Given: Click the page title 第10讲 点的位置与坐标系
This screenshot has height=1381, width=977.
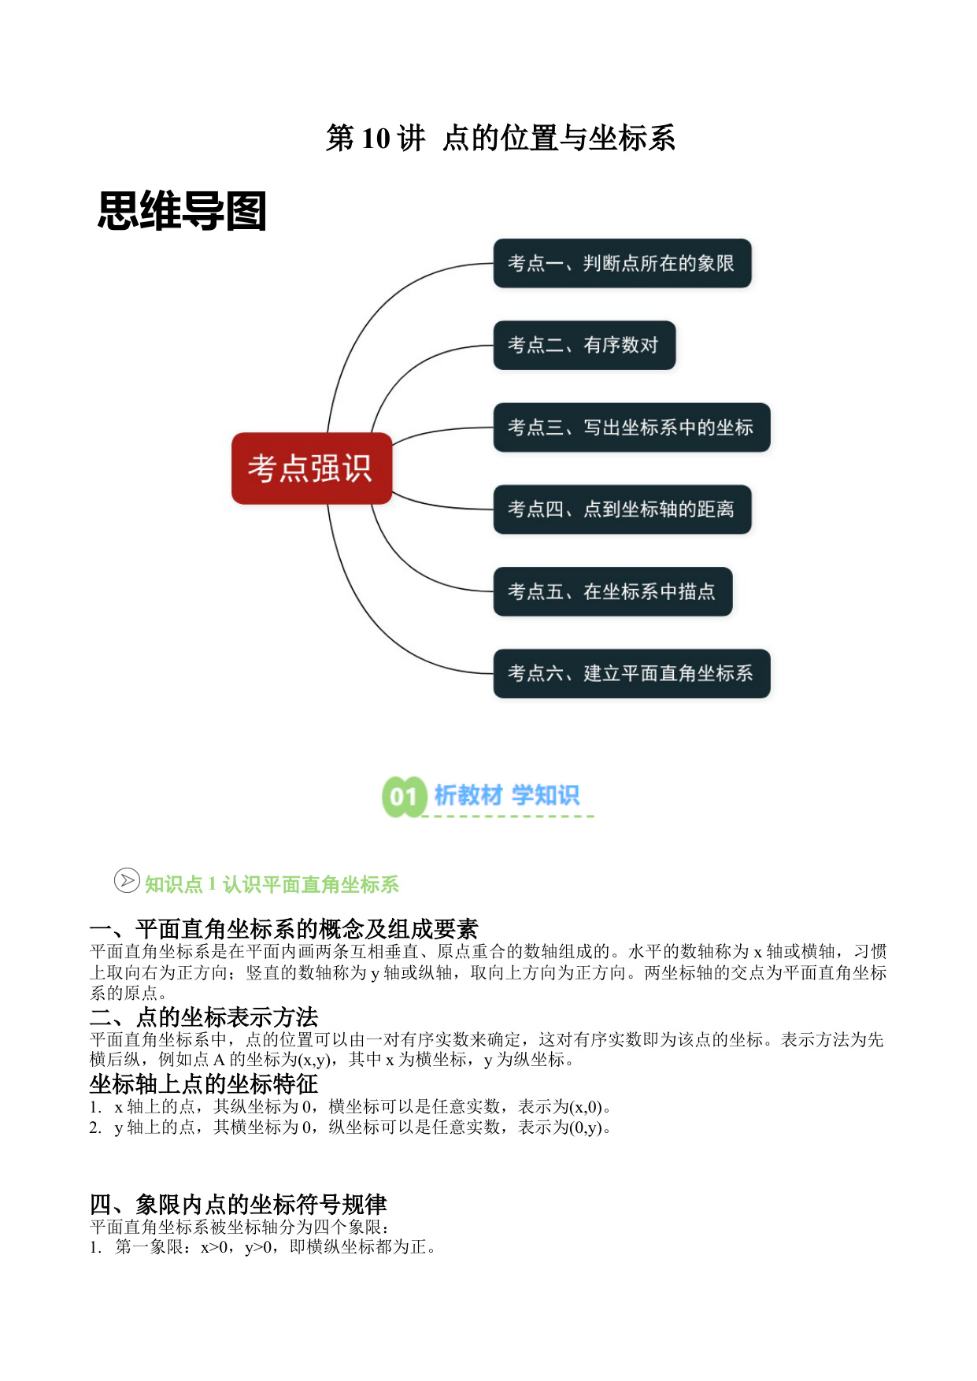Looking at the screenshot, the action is point(501,138).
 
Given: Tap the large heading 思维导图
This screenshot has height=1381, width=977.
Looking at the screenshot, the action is point(182,211).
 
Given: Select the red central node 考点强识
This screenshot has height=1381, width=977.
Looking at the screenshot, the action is point(312,468).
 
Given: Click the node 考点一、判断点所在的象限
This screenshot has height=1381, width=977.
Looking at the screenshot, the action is point(622,263).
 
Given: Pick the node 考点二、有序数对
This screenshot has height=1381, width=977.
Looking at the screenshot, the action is point(584,345).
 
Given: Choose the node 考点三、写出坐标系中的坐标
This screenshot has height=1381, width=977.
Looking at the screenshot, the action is point(631,428).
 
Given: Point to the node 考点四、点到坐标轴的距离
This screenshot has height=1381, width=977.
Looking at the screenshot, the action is point(622,509).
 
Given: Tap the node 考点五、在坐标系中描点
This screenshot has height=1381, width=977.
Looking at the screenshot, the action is point(612,591).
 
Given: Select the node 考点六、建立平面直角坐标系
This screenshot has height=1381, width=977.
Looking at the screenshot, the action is point(631,673).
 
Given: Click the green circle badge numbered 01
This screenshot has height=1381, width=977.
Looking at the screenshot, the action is point(404,797).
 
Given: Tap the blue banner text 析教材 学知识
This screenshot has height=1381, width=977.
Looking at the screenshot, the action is point(507,795).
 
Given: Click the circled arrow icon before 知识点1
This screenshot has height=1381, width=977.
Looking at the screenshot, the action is point(127,880).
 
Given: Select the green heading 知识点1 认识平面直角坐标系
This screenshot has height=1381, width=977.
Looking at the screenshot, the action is point(272,884).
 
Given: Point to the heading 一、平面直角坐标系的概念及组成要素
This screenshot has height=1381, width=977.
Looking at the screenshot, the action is point(284,929).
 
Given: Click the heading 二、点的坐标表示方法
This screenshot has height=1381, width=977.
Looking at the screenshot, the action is point(204,1016).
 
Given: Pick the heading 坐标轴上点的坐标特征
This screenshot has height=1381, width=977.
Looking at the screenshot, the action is point(204,1084).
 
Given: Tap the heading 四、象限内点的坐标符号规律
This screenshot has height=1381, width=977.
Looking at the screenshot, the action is point(239,1204).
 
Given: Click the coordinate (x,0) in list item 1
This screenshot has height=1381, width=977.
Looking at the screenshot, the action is point(586,1106).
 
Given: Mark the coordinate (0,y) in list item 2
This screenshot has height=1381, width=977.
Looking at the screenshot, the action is point(586,1127).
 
